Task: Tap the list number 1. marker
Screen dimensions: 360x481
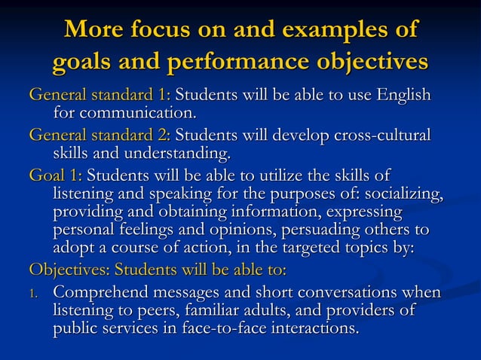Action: tap(35, 292)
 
